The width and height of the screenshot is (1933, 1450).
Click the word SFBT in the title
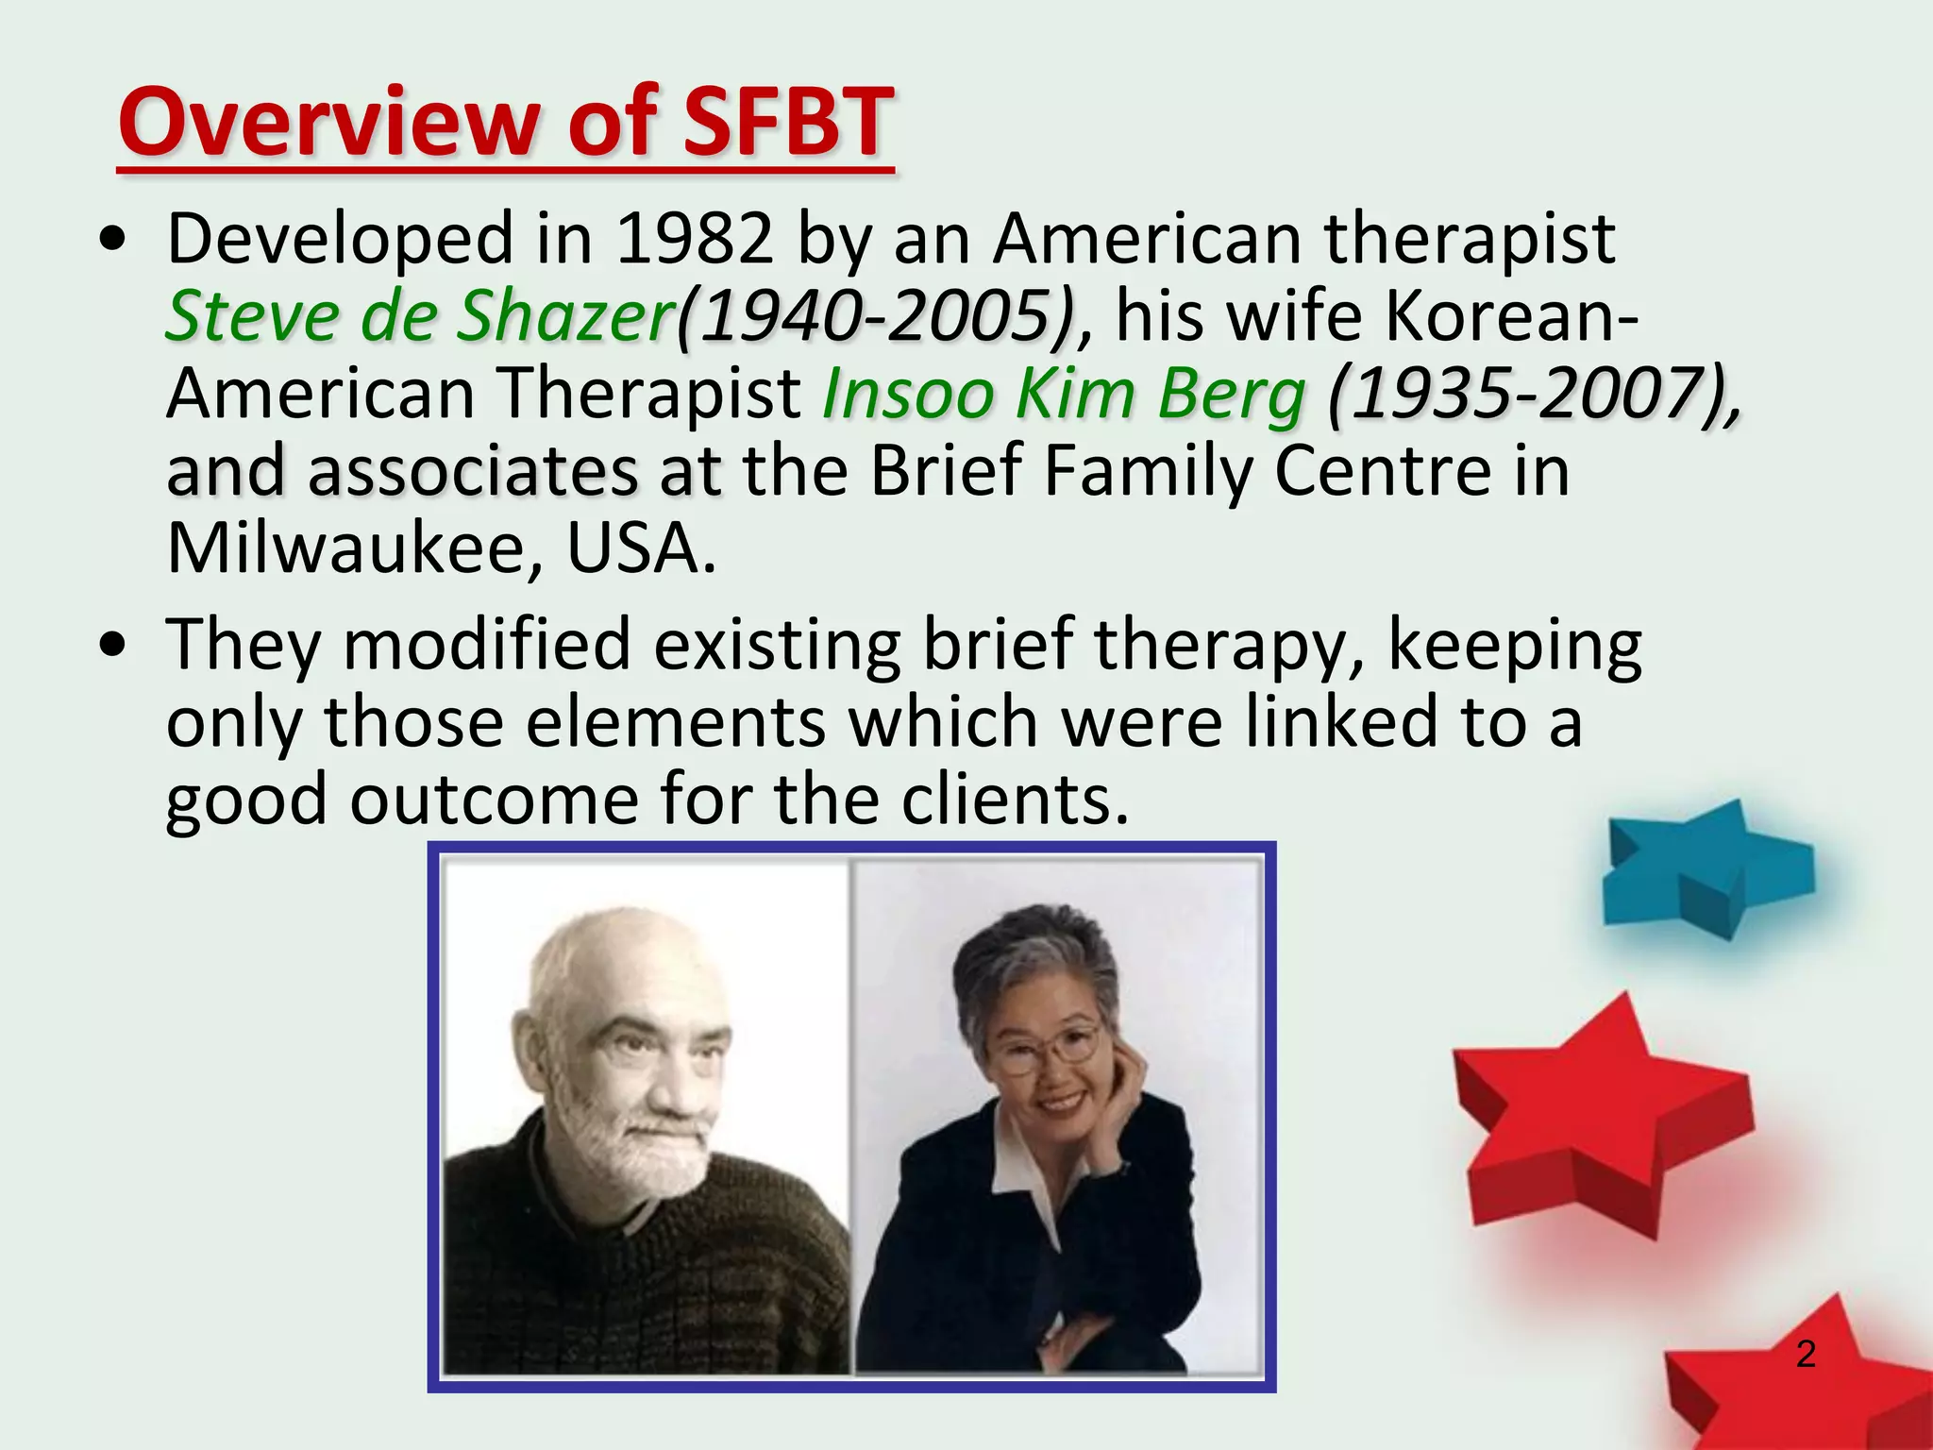coord(787,123)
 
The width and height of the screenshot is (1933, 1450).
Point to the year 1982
coord(694,238)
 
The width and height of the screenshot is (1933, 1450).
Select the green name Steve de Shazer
coord(419,315)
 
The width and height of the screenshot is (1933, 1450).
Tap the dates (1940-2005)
coord(877,315)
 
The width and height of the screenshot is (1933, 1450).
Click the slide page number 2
coord(1806,1354)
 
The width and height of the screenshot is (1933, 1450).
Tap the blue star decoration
coord(1699,868)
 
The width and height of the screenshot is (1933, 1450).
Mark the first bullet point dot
coord(113,240)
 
